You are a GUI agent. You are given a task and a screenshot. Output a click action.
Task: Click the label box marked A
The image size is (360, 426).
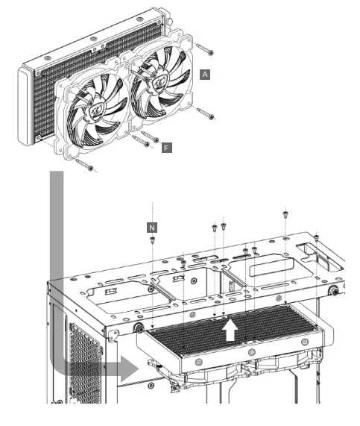[205, 74]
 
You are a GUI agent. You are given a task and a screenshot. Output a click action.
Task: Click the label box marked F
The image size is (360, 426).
[167, 148]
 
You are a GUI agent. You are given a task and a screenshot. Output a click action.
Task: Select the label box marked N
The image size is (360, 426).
[152, 228]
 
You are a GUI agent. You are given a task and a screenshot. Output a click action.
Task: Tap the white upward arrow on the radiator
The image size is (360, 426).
[230, 330]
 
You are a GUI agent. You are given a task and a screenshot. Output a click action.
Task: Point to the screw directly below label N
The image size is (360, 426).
[152, 240]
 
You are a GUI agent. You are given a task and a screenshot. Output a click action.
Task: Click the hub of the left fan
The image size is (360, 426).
[97, 111]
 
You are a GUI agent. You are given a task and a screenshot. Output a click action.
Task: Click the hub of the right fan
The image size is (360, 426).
[160, 82]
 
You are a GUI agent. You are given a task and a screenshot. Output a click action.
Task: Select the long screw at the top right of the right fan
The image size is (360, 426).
[205, 48]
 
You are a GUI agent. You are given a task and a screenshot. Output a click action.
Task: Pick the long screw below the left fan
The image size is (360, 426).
[85, 165]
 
